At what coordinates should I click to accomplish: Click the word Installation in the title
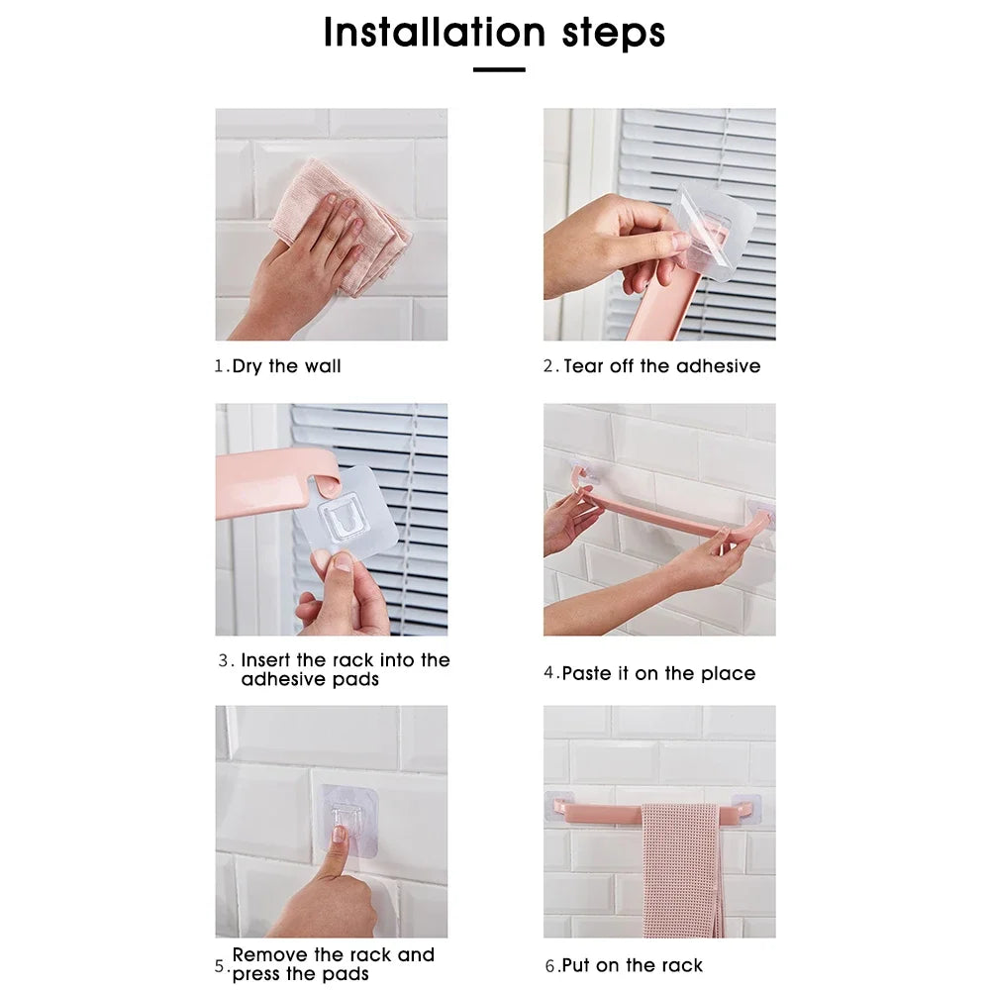(435, 33)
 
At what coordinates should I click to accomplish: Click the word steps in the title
(613, 34)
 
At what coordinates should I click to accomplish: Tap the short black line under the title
(499, 69)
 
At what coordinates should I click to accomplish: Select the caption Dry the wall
(286, 366)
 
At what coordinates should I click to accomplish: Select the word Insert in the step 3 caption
(265, 659)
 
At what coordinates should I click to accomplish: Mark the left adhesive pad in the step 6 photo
(558, 805)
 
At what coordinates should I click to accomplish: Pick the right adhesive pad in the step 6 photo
(746, 810)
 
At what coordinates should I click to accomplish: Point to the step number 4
(548, 673)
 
